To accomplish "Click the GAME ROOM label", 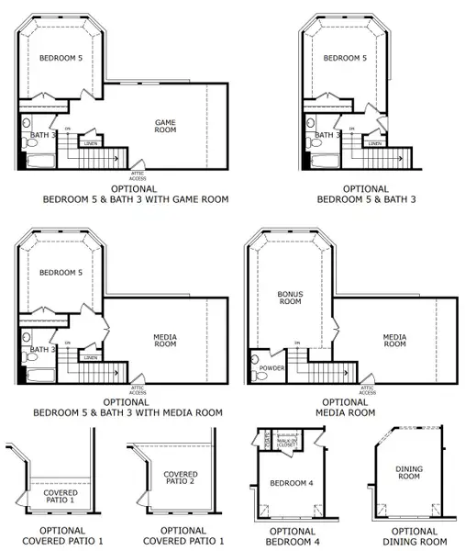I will [164, 126].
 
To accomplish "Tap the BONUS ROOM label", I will [290, 298].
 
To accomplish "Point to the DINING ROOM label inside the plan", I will [408, 472].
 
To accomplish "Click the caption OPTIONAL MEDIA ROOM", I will [350, 408].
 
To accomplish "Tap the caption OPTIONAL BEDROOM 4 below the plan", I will [293, 535].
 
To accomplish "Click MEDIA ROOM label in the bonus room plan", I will [394, 340].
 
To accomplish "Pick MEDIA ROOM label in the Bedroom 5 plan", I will [165, 341].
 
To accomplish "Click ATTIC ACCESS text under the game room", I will [138, 174].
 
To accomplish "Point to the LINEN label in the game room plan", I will [91, 143].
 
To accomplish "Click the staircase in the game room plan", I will [92, 160].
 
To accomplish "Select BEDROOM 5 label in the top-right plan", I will [345, 58].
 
